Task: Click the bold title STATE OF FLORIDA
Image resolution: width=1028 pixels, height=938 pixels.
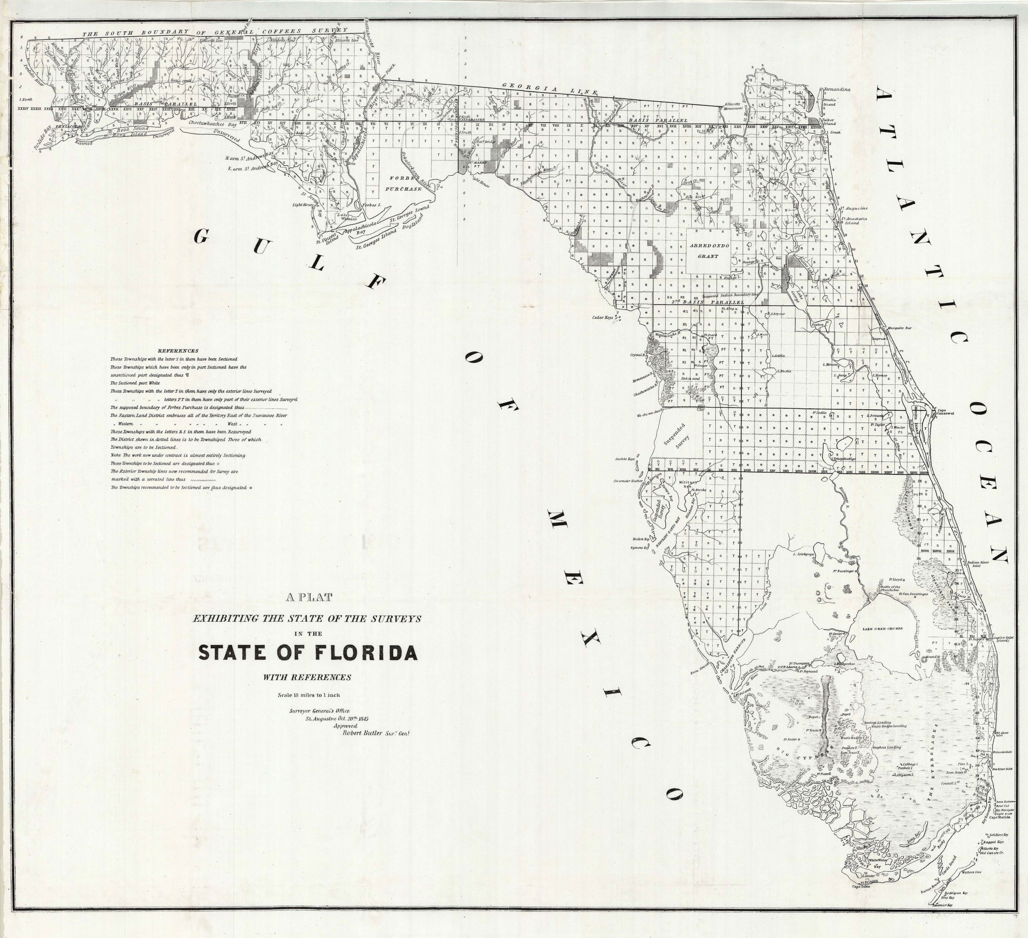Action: click(308, 653)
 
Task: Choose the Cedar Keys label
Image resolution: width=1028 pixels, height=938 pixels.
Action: click(602, 317)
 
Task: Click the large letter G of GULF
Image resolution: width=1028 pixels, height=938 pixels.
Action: click(203, 236)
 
